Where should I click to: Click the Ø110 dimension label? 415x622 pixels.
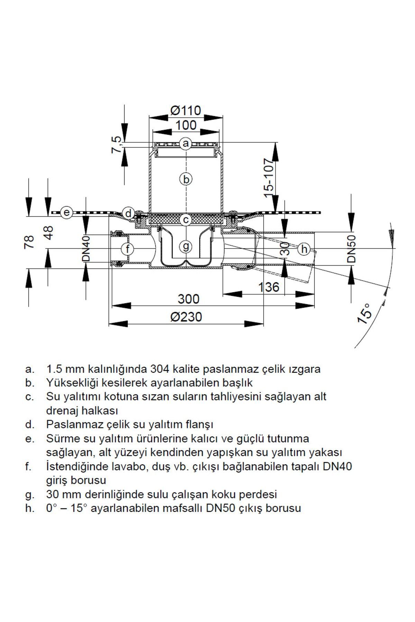tap(186, 111)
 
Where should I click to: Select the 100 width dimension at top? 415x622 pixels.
tap(186, 125)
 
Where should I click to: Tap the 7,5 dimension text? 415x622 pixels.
tap(117, 144)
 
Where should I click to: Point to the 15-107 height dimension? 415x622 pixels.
tap(268, 178)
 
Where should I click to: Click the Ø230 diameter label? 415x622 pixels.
tap(186, 317)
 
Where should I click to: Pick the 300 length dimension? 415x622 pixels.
tap(188, 299)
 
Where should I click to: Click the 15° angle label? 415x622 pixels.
tap(364, 313)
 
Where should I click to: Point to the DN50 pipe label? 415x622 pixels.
tap(351, 249)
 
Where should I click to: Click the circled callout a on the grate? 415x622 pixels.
tap(186, 143)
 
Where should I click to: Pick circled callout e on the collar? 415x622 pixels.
tap(66, 213)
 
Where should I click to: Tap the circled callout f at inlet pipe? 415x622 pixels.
tap(128, 249)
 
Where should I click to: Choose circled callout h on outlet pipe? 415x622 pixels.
tap(304, 249)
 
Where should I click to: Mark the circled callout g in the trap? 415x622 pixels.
tap(186, 246)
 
